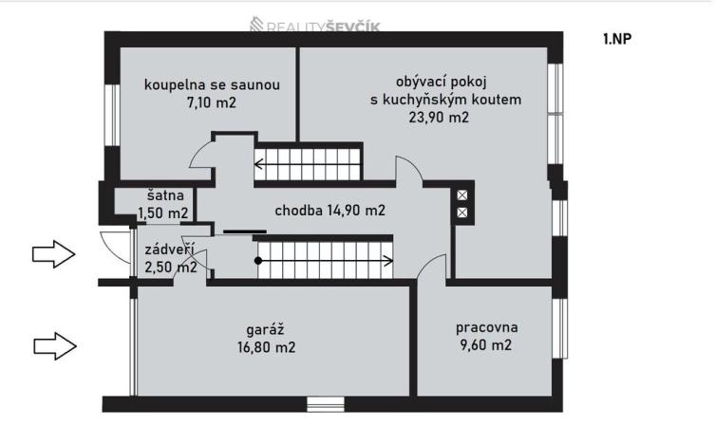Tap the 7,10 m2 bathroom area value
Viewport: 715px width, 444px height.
[212, 102]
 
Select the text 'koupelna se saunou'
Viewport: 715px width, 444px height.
[212, 85]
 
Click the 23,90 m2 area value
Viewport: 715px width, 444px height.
[445, 118]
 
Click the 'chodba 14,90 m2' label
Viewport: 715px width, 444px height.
[329, 210]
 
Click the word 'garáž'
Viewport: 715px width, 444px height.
[267, 329]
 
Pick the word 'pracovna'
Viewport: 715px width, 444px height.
[485, 327]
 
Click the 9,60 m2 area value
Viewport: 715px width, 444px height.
[485, 345]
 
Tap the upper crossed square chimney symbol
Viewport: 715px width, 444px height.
[463, 195]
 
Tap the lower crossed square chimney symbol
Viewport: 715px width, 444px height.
[463, 213]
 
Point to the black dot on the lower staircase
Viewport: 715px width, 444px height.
[257, 259]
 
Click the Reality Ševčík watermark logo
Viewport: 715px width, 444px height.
[314, 27]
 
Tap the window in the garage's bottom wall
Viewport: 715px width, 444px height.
[325, 404]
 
